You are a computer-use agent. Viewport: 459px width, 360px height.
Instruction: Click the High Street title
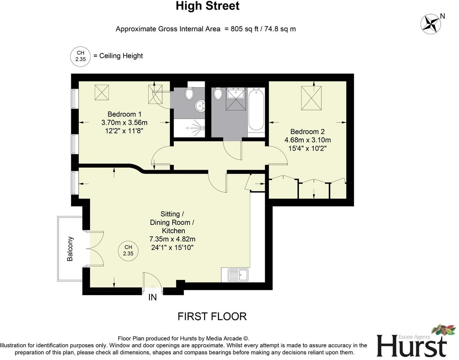click(208, 6)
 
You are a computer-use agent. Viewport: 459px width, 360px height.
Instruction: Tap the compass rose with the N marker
click(431, 24)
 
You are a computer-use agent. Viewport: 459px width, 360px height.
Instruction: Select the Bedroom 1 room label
click(124, 114)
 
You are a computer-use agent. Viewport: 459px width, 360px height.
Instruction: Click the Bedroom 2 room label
click(307, 132)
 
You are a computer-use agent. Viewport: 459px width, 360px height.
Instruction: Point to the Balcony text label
click(70, 249)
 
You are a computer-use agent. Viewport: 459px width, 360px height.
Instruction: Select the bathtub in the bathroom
click(256, 109)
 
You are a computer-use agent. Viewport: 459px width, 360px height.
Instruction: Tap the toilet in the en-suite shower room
click(189, 93)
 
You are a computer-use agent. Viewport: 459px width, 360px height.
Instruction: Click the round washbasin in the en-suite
click(200, 106)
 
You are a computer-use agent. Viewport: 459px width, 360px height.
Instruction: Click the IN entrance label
click(153, 297)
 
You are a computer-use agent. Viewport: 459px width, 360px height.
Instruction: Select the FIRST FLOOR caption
click(212, 316)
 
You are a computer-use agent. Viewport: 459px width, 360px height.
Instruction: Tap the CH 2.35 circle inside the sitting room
click(128, 250)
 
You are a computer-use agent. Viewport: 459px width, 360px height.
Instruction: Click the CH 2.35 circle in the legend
click(80, 56)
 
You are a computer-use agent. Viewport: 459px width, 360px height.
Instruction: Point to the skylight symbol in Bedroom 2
click(311, 98)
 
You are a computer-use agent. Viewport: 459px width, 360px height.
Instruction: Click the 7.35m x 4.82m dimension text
click(172, 239)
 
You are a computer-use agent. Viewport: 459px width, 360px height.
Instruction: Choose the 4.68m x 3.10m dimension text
click(307, 140)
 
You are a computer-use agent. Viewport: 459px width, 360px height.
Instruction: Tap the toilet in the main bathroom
click(218, 93)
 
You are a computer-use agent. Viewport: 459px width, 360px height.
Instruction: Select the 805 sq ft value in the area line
click(242, 29)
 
